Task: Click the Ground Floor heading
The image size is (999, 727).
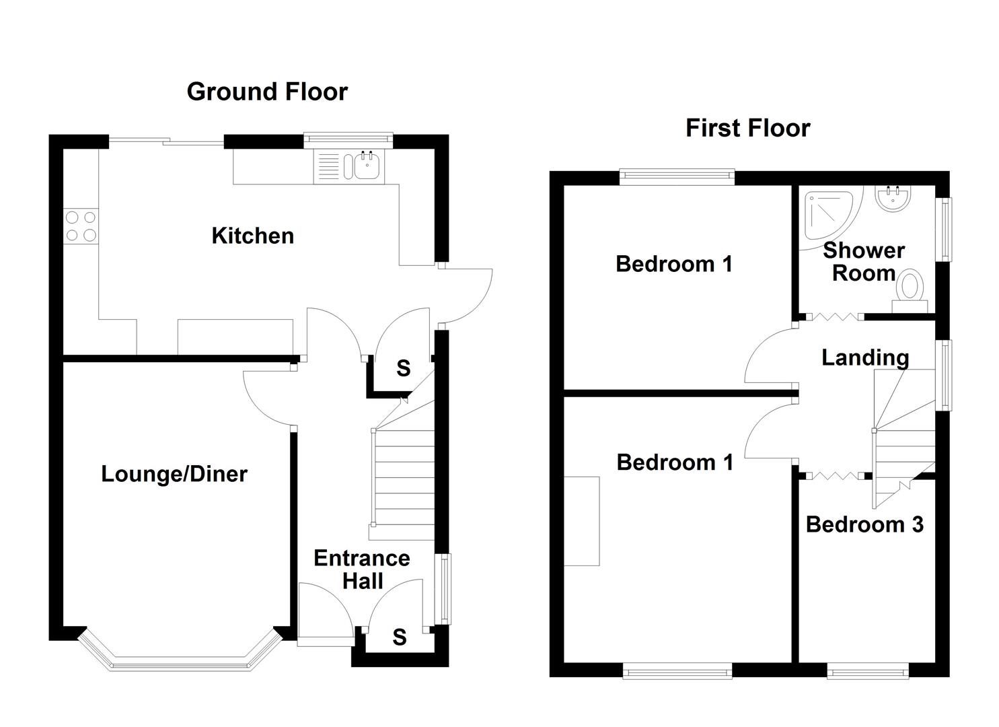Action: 267,92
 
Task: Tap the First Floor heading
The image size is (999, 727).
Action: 747,128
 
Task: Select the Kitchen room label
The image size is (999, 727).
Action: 252,236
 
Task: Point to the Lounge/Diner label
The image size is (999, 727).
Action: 174,474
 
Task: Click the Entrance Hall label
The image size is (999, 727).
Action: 362,569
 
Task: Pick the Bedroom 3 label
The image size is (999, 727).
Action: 864,524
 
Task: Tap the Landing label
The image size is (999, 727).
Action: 865,357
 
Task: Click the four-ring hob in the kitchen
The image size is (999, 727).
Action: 81,226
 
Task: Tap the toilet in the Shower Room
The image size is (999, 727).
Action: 910,289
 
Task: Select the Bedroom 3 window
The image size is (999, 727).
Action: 867,670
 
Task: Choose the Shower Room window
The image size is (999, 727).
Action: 946,230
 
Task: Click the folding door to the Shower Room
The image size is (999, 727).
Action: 834,316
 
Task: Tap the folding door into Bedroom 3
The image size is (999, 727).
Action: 834,476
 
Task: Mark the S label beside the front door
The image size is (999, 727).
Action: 400,637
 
